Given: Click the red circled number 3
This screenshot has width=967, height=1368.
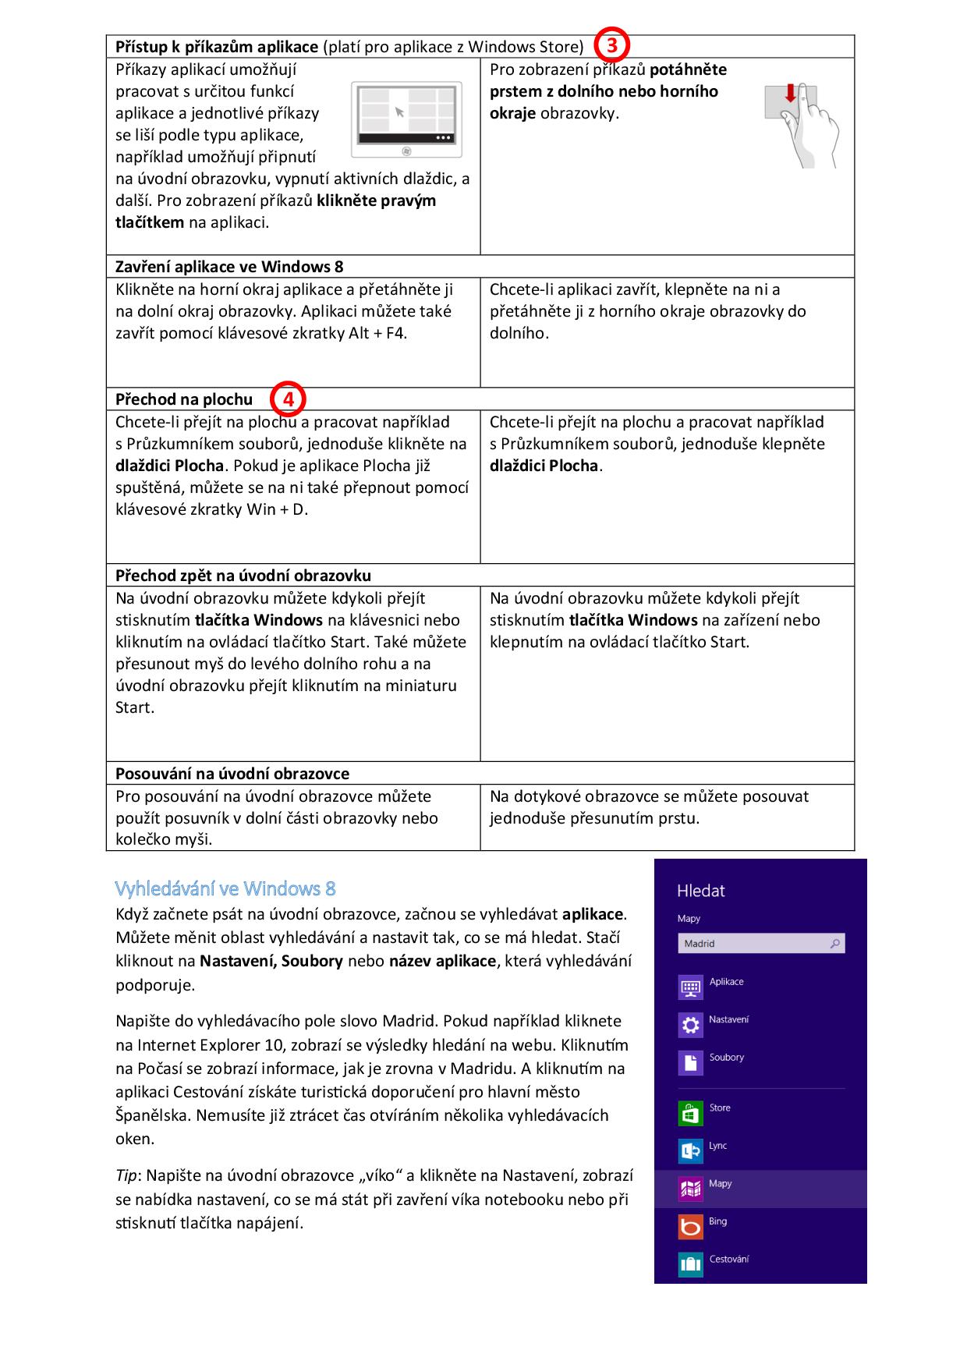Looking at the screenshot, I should click(612, 45).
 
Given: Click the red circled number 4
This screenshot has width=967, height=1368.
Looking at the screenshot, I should click(289, 399).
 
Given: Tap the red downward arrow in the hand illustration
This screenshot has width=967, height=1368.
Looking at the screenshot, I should click(791, 94).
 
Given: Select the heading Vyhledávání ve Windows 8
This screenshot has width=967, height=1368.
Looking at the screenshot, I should click(225, 888).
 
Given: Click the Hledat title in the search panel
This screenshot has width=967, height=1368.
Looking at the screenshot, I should click(700, 891).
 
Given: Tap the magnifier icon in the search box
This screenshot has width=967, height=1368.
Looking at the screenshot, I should click(835, 944).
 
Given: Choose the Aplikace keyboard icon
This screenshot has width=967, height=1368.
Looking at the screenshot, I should click(690, 988).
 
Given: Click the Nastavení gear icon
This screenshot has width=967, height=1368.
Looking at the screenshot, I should click(690, 1026).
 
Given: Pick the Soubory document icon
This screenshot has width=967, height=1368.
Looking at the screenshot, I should click(690, 1063).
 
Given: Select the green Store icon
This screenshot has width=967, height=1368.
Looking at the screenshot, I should click(690, 1114).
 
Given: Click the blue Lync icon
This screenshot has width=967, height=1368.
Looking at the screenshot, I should click(690, 1151).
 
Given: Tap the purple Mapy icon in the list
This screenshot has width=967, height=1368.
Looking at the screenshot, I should click(690, 1189).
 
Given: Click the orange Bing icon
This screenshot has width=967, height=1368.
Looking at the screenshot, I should click(690, 1227).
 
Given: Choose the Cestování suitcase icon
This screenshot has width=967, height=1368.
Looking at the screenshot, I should click(690, 1264).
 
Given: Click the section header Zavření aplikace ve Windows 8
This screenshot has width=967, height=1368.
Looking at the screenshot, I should click(229, 267).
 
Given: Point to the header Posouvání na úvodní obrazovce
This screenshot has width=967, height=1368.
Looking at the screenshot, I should click(232, 774).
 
